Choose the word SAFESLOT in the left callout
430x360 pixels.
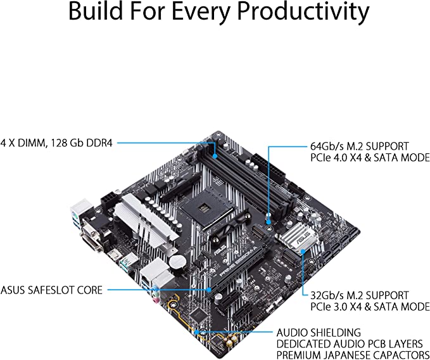(x=56, y=290)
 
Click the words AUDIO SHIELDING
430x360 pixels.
(x=319, y=332)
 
